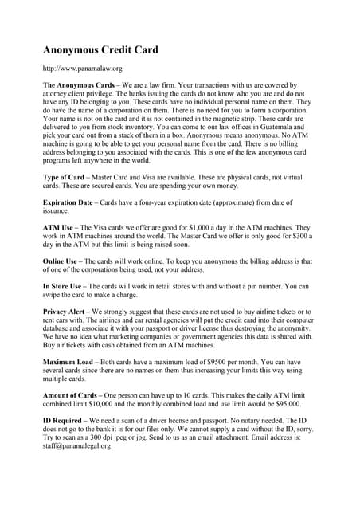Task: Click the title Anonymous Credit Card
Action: coord(100,49)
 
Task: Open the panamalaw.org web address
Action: coord(82,69)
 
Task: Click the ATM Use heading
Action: coord(61,228)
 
